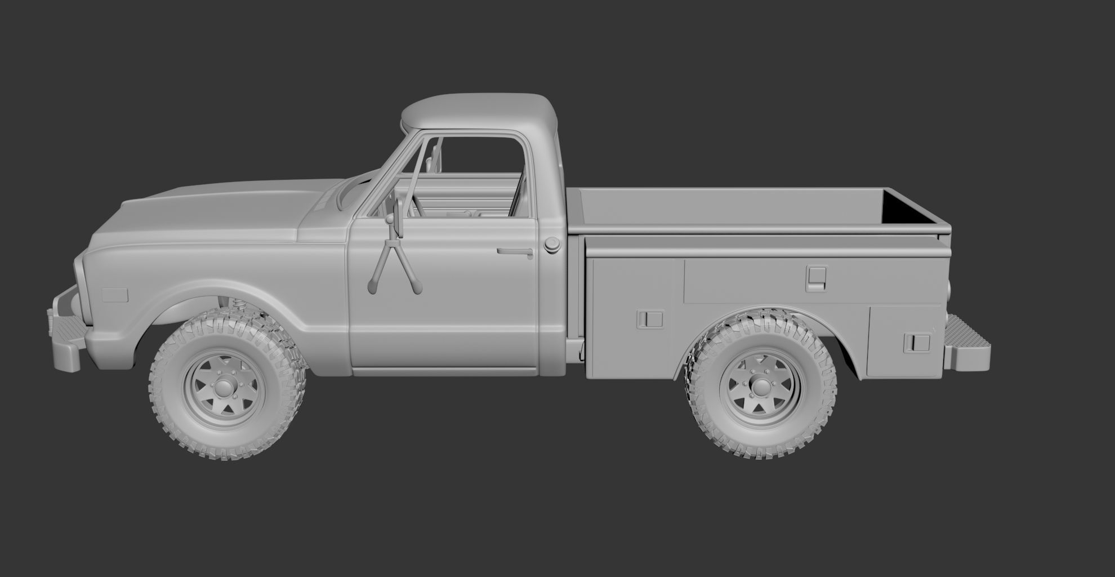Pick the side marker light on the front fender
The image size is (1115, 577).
(x=115, y=295)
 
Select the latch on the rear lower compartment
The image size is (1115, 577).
(x=917, y=342)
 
